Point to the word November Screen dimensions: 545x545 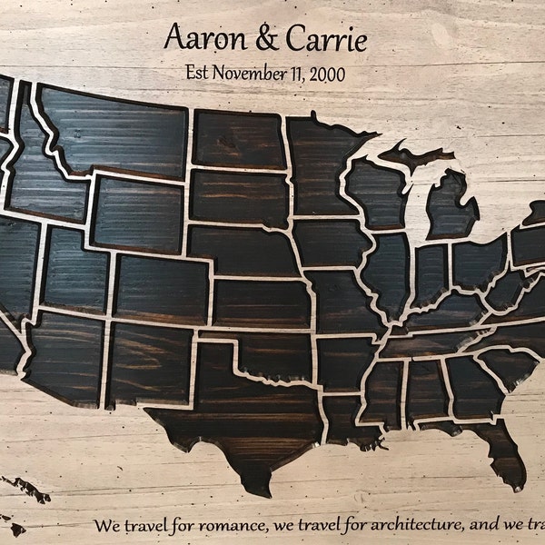point(250,74)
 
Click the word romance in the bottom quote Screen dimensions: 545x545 point(215,526)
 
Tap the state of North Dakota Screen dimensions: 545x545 point(238,138)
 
